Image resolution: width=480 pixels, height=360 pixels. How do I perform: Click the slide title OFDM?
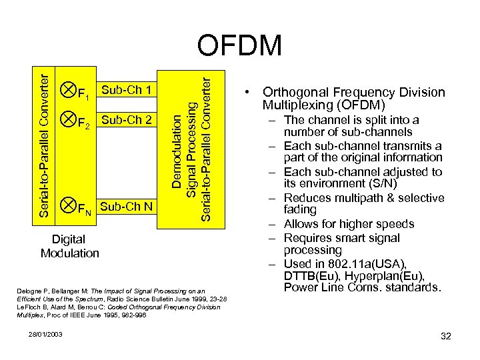point(240,46)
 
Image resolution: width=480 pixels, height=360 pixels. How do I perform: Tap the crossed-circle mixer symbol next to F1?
point(67,87)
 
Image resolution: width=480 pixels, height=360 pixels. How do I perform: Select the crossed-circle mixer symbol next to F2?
point(67,119)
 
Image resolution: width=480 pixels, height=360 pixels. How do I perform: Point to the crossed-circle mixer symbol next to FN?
point(67,204)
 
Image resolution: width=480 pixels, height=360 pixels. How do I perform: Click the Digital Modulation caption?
point(69,246)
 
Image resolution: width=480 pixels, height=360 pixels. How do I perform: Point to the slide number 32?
point(446,336)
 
